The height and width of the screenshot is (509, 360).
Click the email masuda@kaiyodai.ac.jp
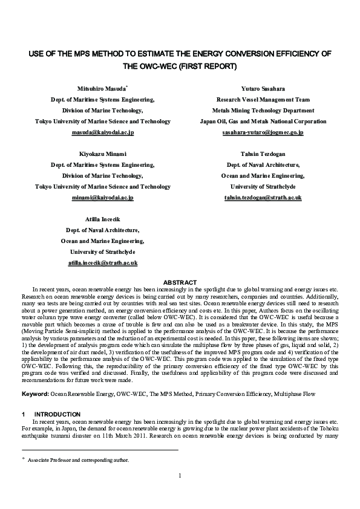103,132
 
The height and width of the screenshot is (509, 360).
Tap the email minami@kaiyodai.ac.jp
103,198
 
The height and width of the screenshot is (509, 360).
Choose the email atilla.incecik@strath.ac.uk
103,263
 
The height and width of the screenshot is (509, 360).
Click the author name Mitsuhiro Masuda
102,88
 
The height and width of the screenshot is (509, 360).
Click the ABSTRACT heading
180,282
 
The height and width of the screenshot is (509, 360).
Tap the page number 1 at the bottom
180,475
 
